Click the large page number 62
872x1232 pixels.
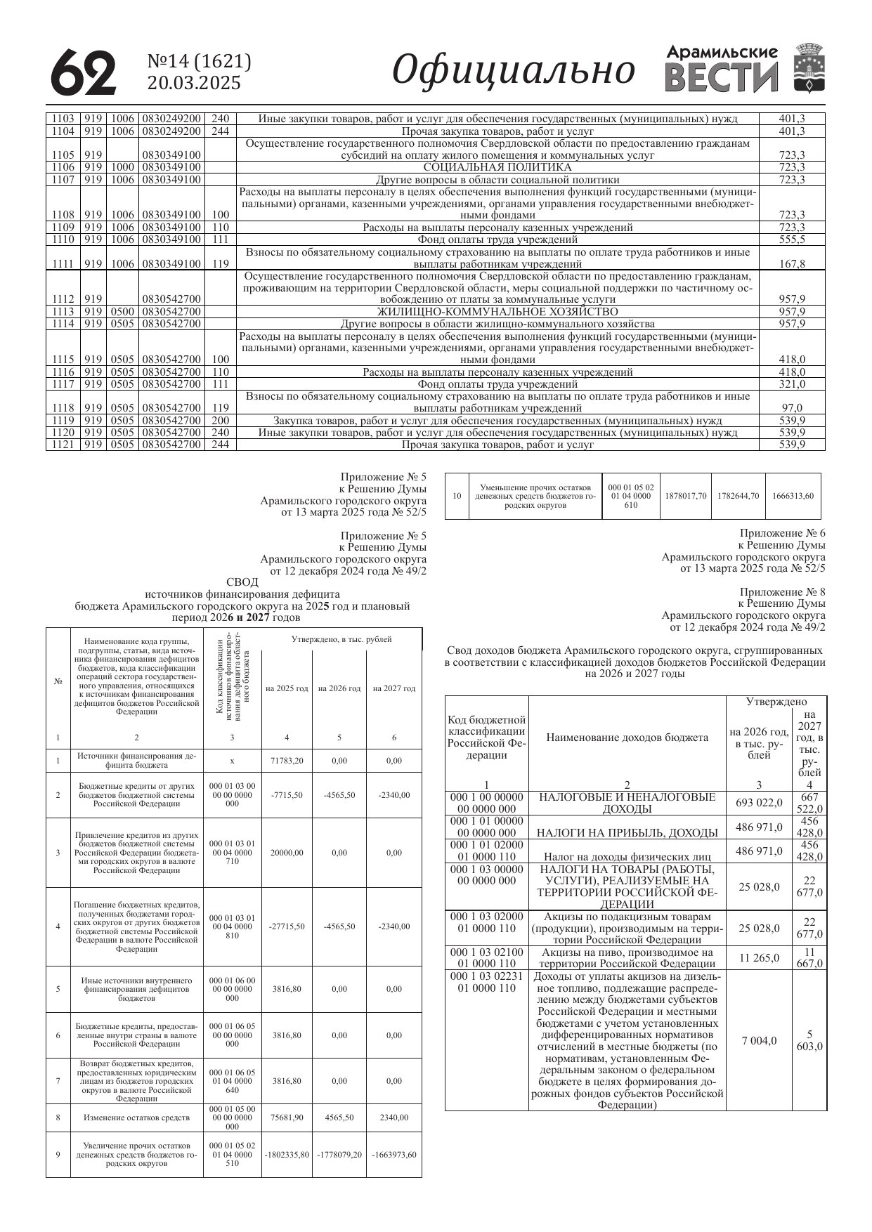point(83,72)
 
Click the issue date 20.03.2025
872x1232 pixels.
point(194,84)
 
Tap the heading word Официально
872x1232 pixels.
point(513,71)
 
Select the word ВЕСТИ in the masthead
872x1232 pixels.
point(722,77)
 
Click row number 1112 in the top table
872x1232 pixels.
point(63,299)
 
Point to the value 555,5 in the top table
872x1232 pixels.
point(792,240)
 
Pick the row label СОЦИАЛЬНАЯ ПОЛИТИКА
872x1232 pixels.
point(497,167)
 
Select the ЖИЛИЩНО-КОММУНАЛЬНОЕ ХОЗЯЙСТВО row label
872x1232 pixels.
point(497,311)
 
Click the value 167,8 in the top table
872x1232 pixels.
point(792,264)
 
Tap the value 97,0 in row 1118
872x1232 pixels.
point(792,407)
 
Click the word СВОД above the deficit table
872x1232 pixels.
point(242,582)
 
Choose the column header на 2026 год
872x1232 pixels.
point(339,688)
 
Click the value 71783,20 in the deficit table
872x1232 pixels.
point(287,761)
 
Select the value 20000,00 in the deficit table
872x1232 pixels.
point(287,853)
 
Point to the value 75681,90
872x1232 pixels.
point(287,1118)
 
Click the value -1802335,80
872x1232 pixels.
point(287,1155)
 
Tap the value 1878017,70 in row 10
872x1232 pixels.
point(685,496)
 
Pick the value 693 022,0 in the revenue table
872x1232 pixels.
point(759,803)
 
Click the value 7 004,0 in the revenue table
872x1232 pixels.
point(759,1040)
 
